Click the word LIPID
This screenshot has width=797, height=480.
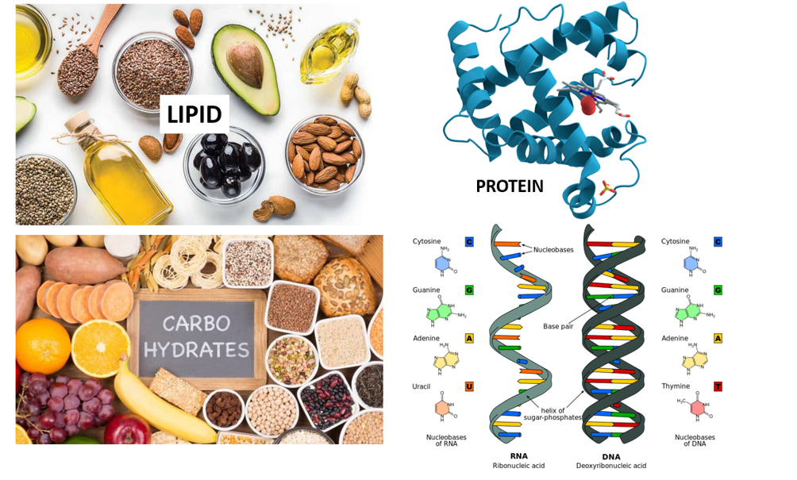(194, 115)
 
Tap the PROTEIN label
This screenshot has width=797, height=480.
(509, 186)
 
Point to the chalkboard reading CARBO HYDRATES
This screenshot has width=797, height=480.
(195, 336)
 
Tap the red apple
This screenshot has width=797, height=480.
(128, 429)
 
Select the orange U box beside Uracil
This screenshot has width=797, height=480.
(469, 386)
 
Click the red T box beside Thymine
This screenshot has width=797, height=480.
(718, 386)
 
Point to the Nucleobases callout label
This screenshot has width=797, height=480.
(553, 248)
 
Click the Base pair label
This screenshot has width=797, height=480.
(560, 326)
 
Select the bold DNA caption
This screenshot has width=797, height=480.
(611, 456)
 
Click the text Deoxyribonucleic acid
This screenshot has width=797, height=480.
(611, 466)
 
